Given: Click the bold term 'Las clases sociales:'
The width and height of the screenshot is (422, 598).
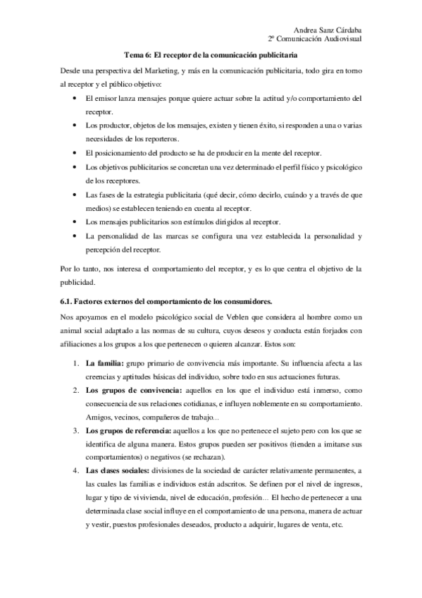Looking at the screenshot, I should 123,470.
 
